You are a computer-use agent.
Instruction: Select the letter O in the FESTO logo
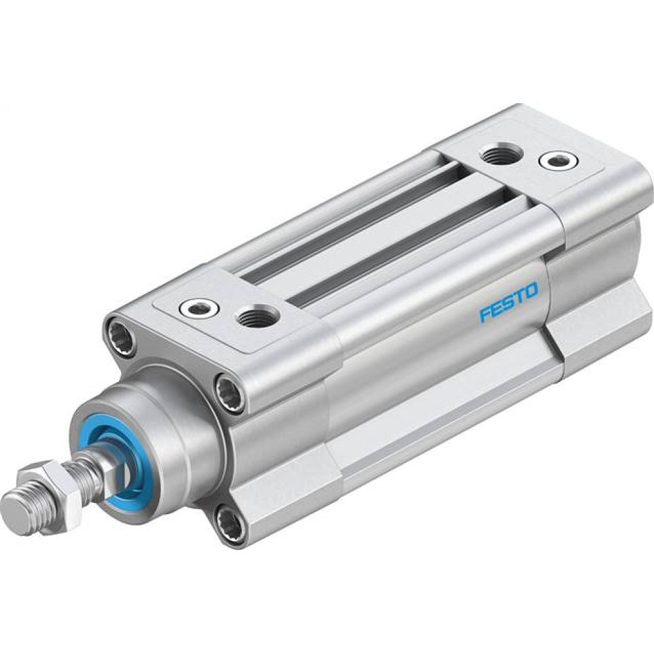[530, 290]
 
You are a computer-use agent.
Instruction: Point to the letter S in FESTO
[509, 302]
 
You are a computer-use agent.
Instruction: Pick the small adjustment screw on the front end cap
[196, 305]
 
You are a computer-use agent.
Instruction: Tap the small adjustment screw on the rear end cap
[553, 159]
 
